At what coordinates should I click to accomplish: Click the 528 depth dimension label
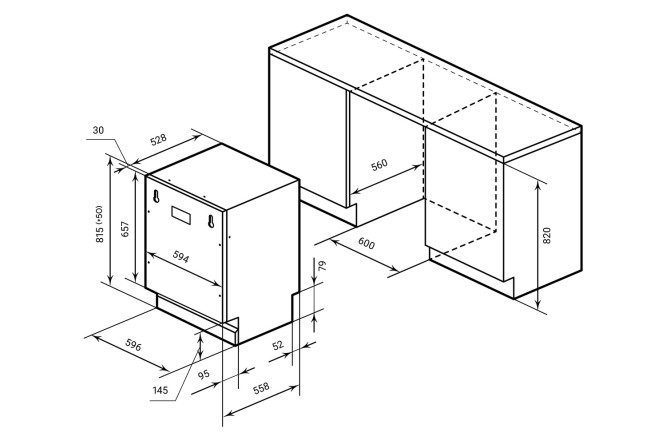pos(158,140)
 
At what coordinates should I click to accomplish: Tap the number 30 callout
pos(98,130)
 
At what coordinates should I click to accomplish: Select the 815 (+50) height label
pos(99,224)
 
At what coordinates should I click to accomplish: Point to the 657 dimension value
pos(124,229)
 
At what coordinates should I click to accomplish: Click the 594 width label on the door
pos(181,257)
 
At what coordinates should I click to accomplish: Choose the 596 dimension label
pos(133,345)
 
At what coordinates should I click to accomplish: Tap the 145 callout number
pos(160,390)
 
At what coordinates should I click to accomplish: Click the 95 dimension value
pos(204,374)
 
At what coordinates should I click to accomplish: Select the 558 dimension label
pos(261,387)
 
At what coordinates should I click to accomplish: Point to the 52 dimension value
pos(278,345)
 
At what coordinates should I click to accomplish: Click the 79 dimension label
pos(322,266)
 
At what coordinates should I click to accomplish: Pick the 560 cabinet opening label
pos(379,164)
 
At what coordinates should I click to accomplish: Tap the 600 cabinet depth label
pos(366,243)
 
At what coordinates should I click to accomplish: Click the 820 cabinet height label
pos(547,235)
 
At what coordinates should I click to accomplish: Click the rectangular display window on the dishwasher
pos(181,215)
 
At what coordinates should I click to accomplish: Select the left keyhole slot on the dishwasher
pos(156,196)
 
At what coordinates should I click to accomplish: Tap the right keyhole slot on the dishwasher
pos(211,221)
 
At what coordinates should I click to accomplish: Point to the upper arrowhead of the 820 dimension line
pos(538,185)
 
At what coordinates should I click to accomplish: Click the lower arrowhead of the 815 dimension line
pos(110,279)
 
